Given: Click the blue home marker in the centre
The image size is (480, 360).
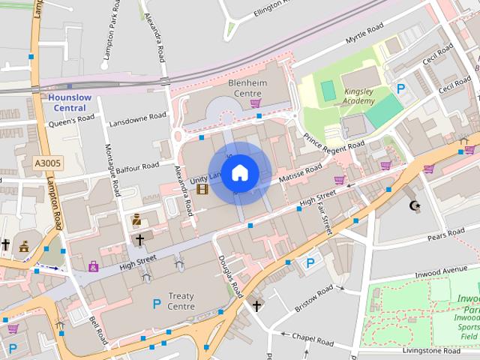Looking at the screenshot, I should click(239, 173).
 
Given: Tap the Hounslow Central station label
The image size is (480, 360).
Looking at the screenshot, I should click(69, 103).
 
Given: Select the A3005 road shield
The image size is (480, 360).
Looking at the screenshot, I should click(48, 161).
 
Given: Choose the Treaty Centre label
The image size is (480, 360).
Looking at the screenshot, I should click(181, 301).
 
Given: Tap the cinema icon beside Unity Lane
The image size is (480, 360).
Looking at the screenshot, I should click(202, 188).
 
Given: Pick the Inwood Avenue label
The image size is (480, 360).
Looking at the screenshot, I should click(443, 271).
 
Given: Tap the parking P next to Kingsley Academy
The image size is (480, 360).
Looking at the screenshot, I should click(400, 89).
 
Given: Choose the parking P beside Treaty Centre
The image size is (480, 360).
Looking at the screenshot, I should click(157, 304).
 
